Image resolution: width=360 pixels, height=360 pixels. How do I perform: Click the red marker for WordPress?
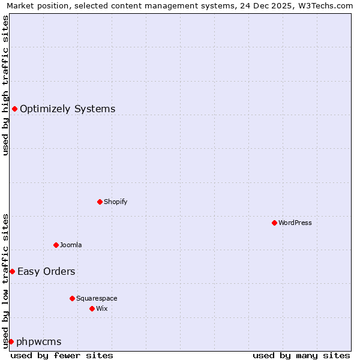point(274,223)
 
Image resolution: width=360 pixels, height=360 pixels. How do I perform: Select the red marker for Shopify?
point(100,202)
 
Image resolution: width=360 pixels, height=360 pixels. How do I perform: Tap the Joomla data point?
point(56,245)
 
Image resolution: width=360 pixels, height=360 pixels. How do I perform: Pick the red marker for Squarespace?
point(72,298)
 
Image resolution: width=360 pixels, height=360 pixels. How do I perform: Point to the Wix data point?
point(92,308)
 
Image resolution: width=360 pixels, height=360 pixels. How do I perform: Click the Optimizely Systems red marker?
point(14,109)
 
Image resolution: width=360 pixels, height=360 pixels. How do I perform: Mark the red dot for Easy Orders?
point(12,271)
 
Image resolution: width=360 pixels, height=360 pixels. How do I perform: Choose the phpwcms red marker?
point(11,341)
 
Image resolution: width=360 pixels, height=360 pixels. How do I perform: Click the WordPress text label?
point(295,223)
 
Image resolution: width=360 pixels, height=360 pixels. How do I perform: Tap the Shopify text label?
point(116,202)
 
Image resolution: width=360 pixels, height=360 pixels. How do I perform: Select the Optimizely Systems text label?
point(68,109)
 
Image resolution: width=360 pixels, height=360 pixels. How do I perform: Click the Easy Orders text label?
point(46,271)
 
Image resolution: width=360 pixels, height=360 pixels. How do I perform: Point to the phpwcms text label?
point(39,341)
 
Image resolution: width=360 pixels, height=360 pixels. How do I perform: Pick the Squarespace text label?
point(97,298)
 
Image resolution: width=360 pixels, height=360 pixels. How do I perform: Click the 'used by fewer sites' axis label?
point(62,355)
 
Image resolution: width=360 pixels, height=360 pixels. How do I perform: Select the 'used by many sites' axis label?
point(301,355)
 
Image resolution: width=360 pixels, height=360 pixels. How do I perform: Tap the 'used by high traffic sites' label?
point(5,85)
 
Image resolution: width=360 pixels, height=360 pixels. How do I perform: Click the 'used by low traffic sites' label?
point(5,281)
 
